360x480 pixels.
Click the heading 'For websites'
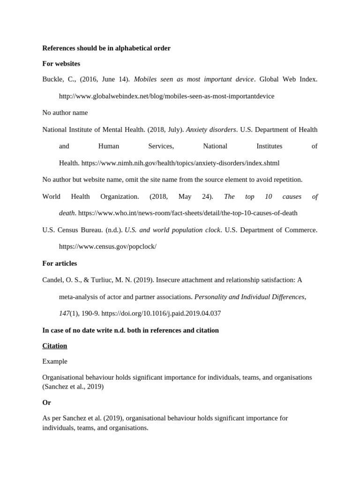(61, 63)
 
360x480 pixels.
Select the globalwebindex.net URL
(166, 96)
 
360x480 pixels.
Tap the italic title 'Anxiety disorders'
(211, 129)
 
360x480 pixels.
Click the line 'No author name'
(65, 112)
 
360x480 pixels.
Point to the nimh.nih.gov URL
(180, 163)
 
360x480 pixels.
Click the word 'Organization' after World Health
(120, 196)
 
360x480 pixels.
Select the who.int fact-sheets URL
(187, 213)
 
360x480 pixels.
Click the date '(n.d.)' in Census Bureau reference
(113, 230)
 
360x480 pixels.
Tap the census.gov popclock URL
(107, 247)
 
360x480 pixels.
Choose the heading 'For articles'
(60, 263)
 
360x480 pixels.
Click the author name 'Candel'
(52, 280)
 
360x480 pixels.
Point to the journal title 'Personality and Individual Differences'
(250, 297)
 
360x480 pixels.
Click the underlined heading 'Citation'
(55, 345)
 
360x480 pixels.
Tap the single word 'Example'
(55, 361)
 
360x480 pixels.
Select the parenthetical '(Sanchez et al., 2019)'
(73, 387)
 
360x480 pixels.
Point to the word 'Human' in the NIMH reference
(109, 146)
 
